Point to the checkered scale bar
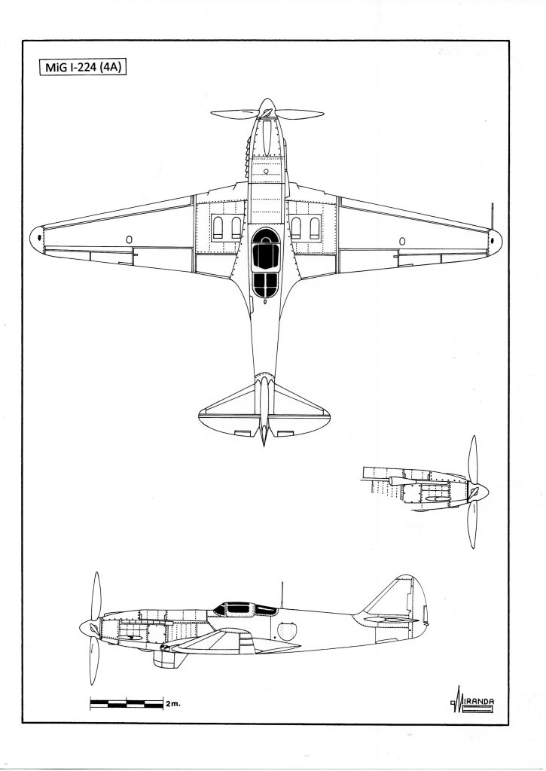[x=126, y=704]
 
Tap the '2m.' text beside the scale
[x=173, y=705]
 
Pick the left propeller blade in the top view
[x=234, y=115]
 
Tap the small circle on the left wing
[x=129, y=240]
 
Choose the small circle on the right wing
[x=401, y=240]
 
